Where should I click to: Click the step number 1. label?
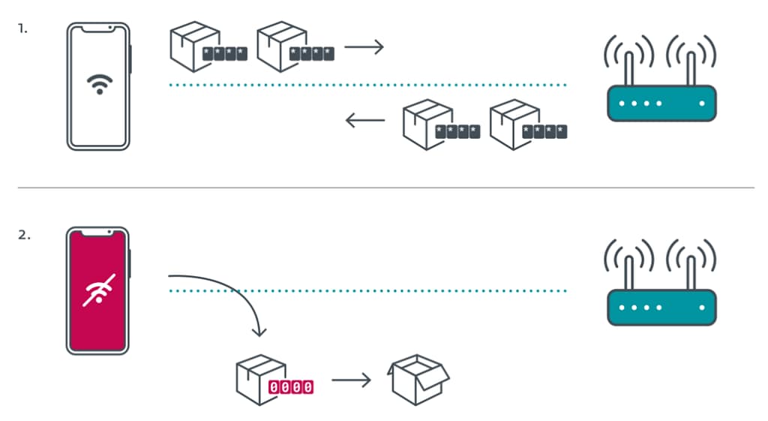click(23, 30)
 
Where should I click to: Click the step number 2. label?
click(24, 235)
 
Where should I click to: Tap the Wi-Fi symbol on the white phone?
click(98, 83)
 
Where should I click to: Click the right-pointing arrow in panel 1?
click(364, 48)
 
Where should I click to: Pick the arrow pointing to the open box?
click(351, 380)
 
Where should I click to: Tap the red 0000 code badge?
click(291, 387)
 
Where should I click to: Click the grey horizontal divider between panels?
click(384, 187)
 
